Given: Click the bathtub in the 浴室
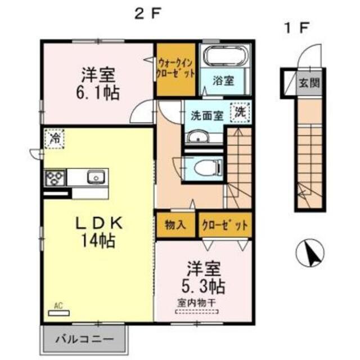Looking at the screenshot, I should [x=225, y=57].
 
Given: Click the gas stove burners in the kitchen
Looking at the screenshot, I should [x=55, y=178].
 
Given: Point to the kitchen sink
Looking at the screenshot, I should [x=96, y=178].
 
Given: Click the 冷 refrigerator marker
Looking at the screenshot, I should [x=55, y=137].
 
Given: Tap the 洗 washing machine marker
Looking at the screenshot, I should [x=241, y=111].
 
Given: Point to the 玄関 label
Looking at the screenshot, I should [x=309, y=84].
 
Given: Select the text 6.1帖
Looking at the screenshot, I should [x=100, y=92].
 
